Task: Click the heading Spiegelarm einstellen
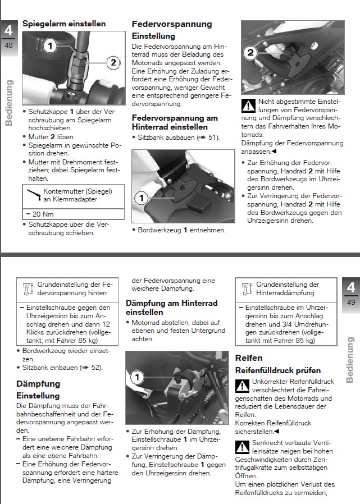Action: point(63,24)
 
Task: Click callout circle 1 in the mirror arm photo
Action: point(50,45)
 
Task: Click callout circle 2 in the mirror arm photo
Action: point(112,62)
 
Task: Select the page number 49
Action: point(351,303)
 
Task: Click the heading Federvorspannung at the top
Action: point(171,24)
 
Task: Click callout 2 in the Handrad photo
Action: point(251,53)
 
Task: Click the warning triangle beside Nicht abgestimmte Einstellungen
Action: point(248,106)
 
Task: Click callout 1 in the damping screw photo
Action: point(135,378)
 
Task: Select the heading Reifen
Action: point(248,358)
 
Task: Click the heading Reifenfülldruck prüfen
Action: point(277,370)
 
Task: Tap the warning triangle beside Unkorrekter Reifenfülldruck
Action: point(242,387)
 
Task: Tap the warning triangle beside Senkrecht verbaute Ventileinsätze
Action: point(242,447)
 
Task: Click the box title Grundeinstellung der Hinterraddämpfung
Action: point(288,288)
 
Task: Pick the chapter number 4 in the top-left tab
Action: point(8,30)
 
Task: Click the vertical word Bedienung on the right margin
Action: point(350,359)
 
